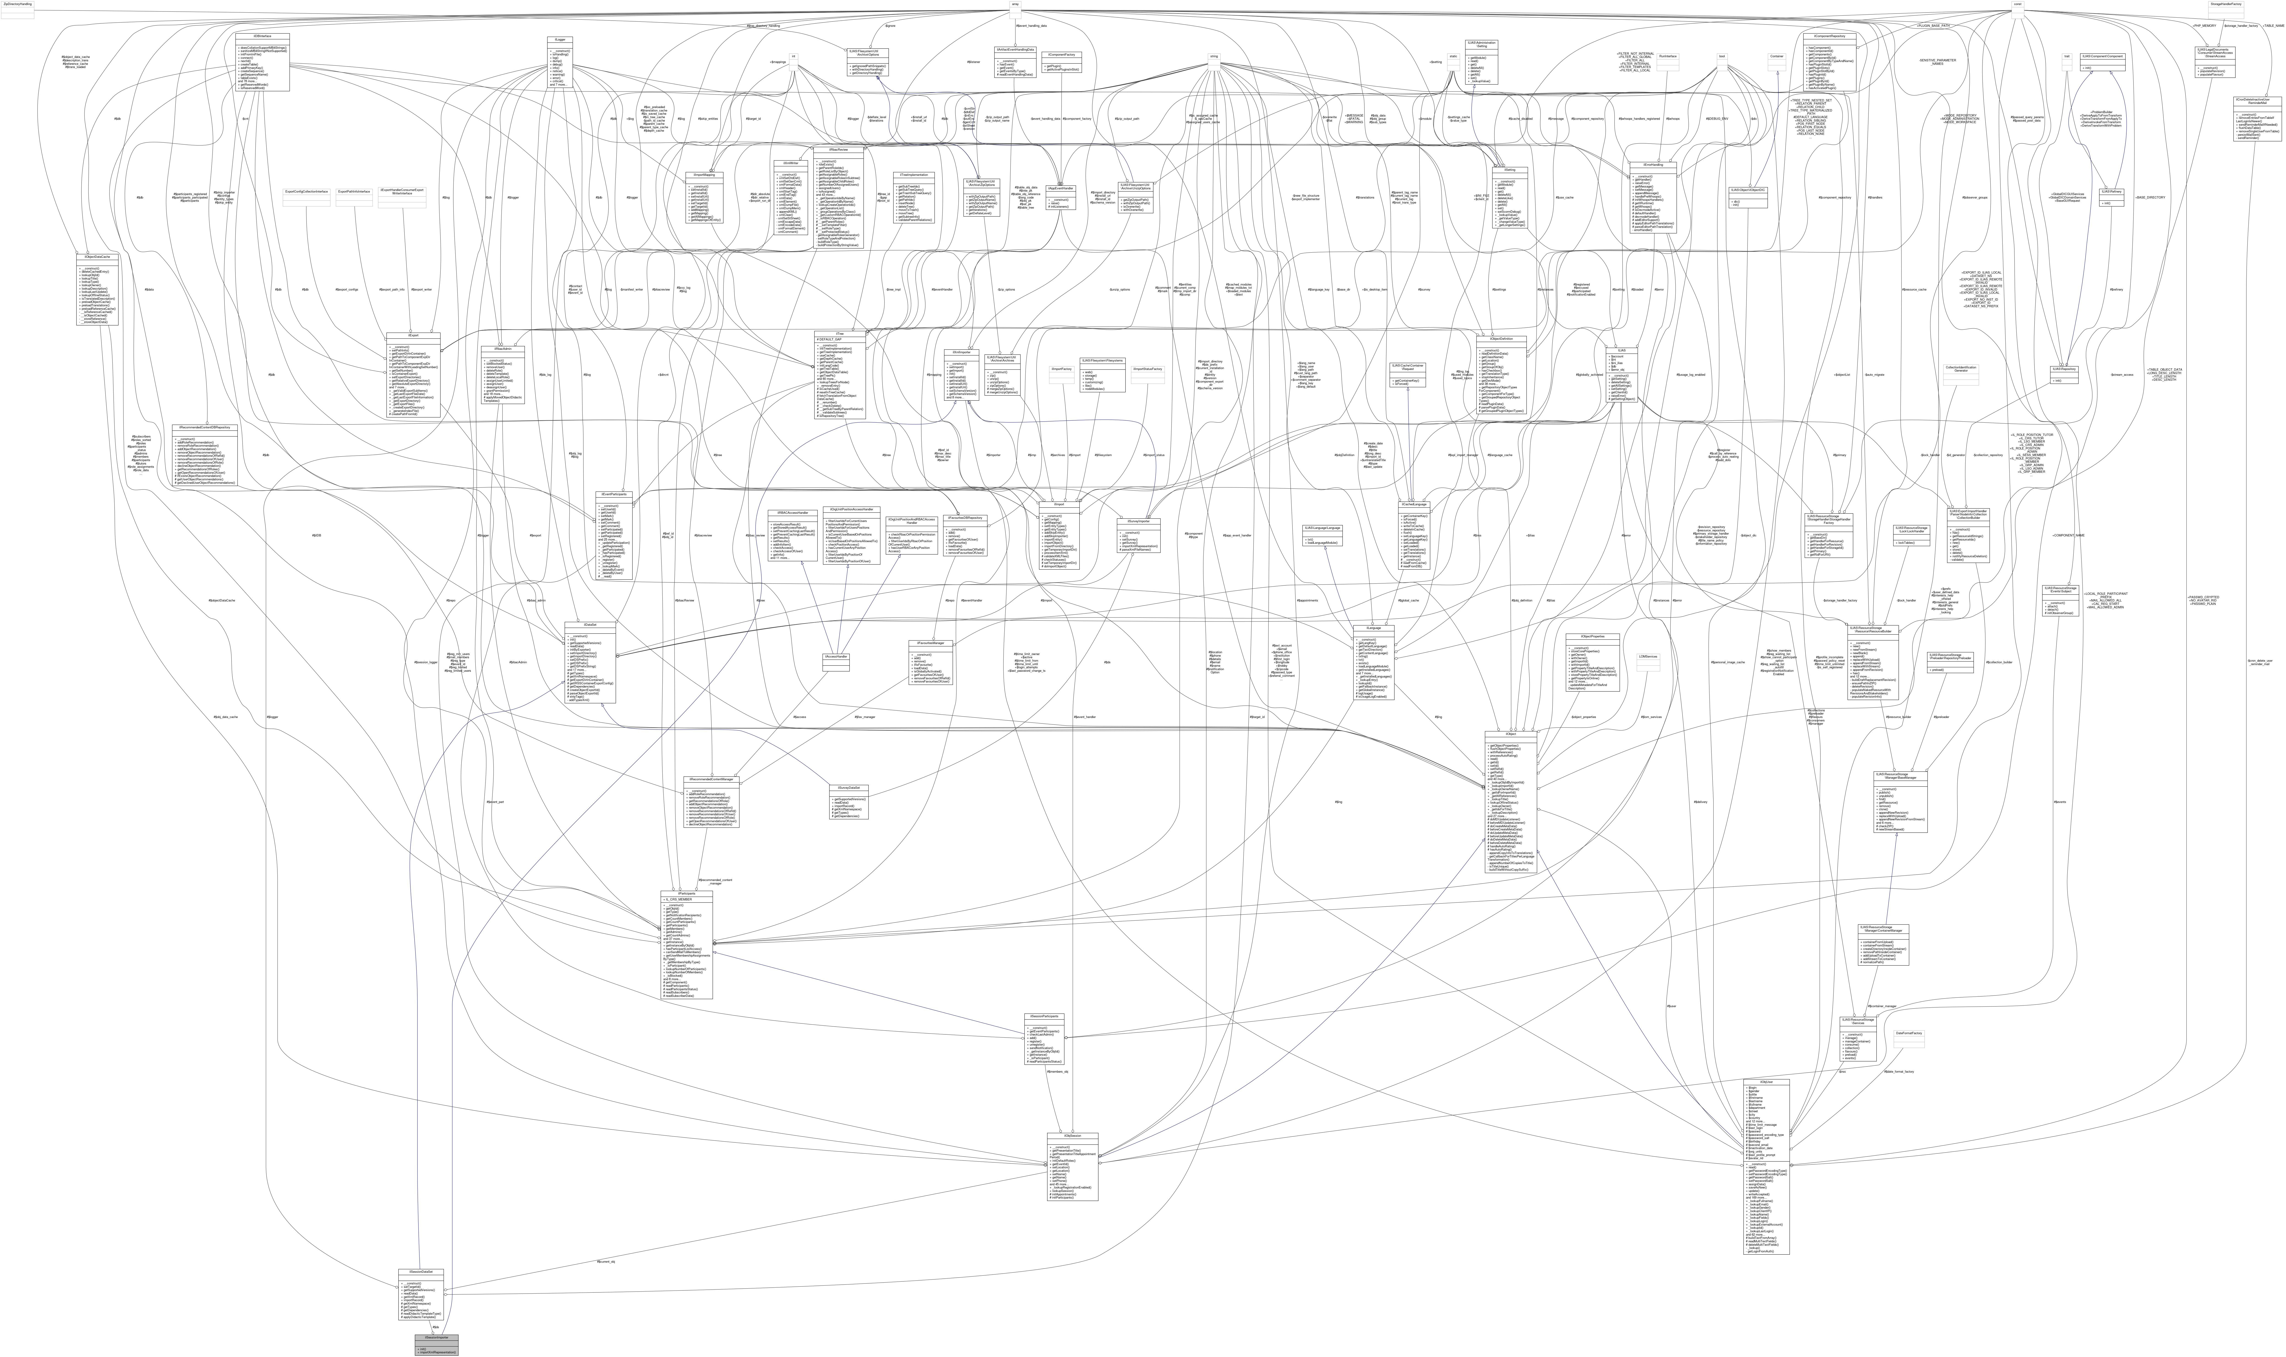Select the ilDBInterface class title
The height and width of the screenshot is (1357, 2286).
(x=262, y=37)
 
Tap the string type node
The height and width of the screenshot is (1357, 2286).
(x=1214, y=57)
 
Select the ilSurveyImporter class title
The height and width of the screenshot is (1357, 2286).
(x=1138, y=521)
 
